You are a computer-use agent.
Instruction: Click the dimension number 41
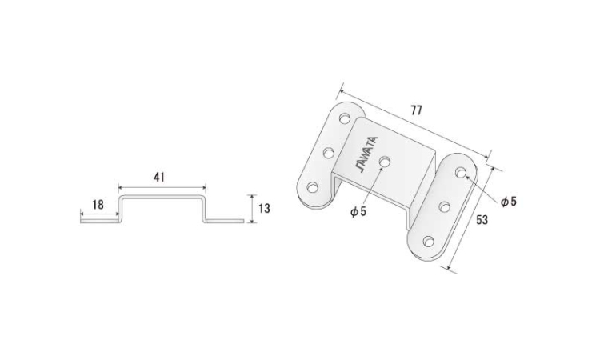click(x=159, y=178)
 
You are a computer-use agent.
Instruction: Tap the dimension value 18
click(x=98, y=205)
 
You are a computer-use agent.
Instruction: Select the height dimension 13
click(x=264, y=209)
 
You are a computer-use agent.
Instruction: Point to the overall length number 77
click(x=416, y=110)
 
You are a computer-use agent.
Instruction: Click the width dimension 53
click(x=482, y=220)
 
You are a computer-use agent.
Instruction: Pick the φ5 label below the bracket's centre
click(x=358, y=211)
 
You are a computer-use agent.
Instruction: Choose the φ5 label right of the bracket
click(x=509, y=202)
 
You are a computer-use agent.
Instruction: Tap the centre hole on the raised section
click(x=385, y=162)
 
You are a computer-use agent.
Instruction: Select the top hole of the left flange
click(x=345, y=118)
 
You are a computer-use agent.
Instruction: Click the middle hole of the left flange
click(x=329, y=153)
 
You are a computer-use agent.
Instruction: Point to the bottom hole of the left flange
click(x=313, y=187)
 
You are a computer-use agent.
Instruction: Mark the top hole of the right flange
click(x=461, y=173)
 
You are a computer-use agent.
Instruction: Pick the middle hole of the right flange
click(x=445, y=207)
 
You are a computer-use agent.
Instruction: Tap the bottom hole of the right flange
click(x=429, y=242)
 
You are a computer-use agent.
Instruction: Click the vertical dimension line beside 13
click(x=251, y=209)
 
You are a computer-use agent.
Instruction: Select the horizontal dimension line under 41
click(x=162, y=187)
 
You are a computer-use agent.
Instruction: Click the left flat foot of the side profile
click(x=99, y=221)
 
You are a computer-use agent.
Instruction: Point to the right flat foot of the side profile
click(x=225, y=221)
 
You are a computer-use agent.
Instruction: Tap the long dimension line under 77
click(x=414, y=124)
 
